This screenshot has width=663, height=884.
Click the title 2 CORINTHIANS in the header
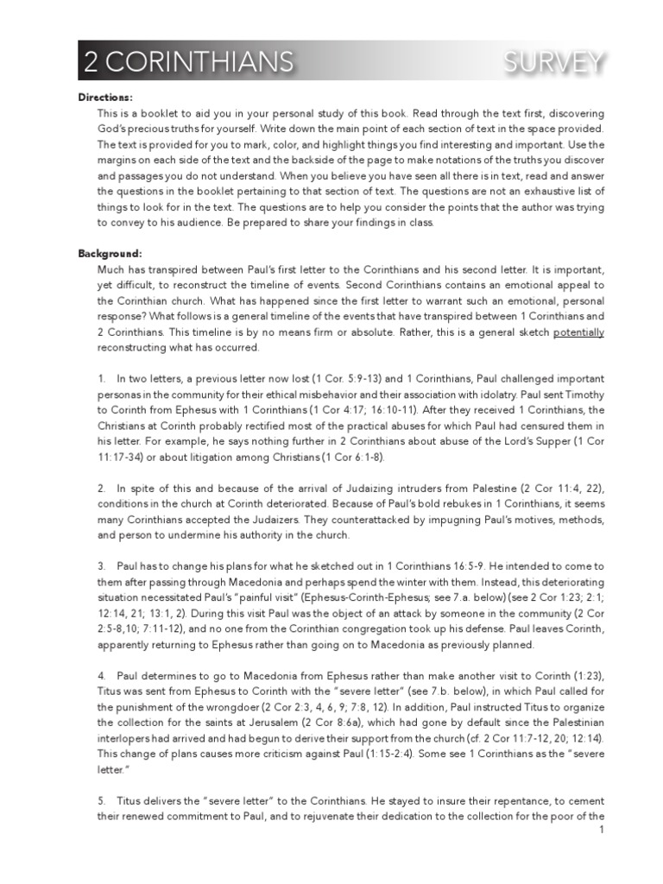[187, 61]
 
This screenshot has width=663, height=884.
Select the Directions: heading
[105, 98]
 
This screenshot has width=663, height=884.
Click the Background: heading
[110, 254]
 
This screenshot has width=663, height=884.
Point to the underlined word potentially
[578, 331]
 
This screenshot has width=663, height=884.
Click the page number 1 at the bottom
[601, 830]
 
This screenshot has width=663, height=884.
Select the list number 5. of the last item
[101, 801]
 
